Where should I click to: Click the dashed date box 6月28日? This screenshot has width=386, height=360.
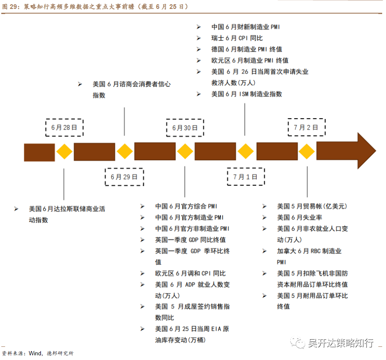click(x=64, y=128)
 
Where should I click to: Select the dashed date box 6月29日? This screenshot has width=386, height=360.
click(x=124, y=177)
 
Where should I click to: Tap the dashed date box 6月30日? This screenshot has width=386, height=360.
click(x=185, y=128)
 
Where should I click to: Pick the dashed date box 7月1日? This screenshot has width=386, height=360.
click(x=245, y=177)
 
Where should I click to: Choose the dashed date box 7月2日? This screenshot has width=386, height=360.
click(x=306, y=127)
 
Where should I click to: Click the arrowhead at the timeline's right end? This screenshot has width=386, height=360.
click(x=365, y=151)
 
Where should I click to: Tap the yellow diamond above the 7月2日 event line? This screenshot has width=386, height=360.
click(x=306, y=152)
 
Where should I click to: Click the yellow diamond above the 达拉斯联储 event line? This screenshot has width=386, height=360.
click(x=64, y=152)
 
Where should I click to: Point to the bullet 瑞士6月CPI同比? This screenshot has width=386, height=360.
click(x=237, y=38)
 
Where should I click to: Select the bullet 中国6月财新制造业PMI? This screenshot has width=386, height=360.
click(x=246, y=27)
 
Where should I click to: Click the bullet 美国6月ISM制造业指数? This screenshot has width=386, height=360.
click(x=246, y=94)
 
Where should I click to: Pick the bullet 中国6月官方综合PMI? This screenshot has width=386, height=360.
click(x=186, y=206)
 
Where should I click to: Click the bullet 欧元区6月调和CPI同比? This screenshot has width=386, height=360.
click(x=190, y=273)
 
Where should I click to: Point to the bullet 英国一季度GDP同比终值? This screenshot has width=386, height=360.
click(x=190, y=240)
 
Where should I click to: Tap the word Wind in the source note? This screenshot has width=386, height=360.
click(x=35, y=353)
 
